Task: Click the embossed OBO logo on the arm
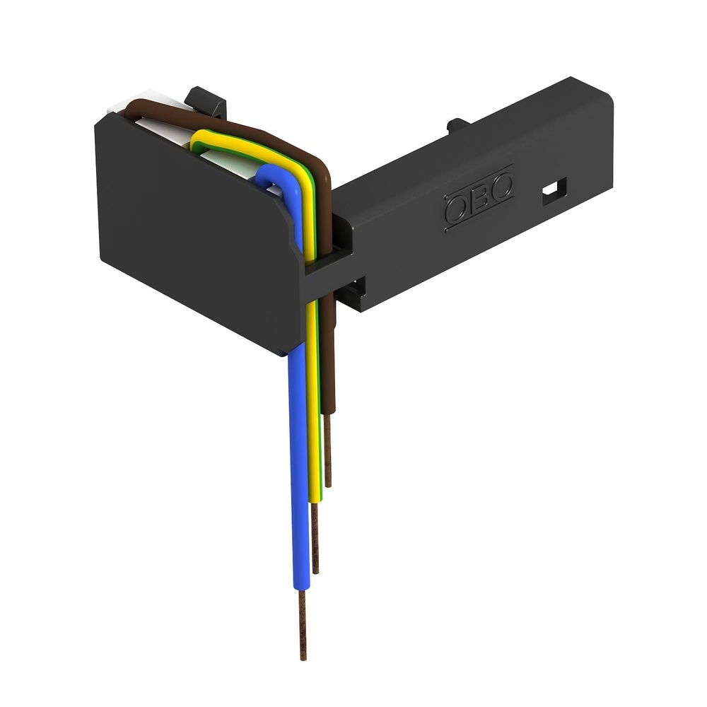(x=479, y=201)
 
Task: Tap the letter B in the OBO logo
(x=479, y=200)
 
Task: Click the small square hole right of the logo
(x=555, y=189)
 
